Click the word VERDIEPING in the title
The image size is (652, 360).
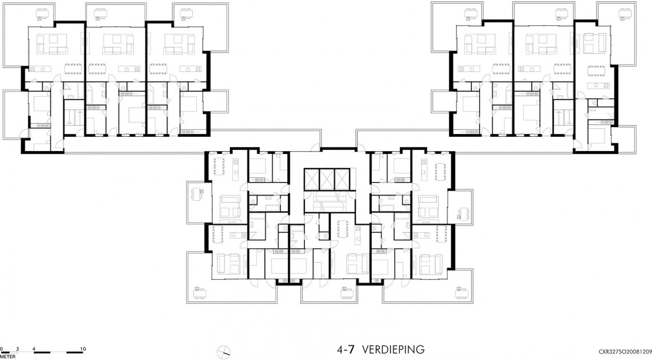tap(393, 349)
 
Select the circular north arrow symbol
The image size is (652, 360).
tap(223, 351)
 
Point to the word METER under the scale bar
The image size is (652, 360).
tap(8, 357)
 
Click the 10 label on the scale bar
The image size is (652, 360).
tap(83, 349)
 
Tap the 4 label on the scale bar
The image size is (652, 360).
tap(34, 349)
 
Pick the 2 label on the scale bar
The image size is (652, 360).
tap(18, 349)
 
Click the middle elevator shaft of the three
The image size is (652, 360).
tap(325, 179)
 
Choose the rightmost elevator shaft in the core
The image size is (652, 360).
tap(339, 179)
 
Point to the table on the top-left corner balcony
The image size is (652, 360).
tap(42, 13)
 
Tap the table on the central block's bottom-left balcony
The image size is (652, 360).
tap(199, 292)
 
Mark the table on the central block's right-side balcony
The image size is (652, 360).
tap(462, 213)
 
